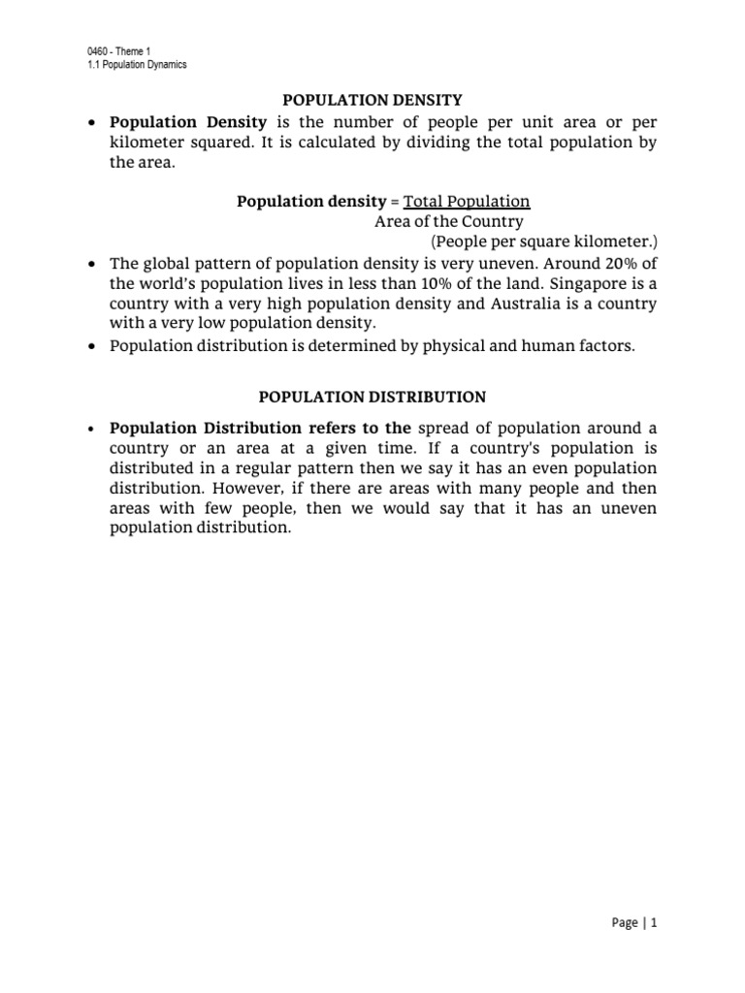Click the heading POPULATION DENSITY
[x=372, y=99]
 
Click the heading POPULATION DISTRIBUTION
[x=372, y=397]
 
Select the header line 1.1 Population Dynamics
[x=136, y=65]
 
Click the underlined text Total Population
[x=467, y=202]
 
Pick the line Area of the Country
[x=448, y=221]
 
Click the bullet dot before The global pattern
[x=90, y=264]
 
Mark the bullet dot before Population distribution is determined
[x=90, y=345]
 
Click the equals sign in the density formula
[x=394, y=202]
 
